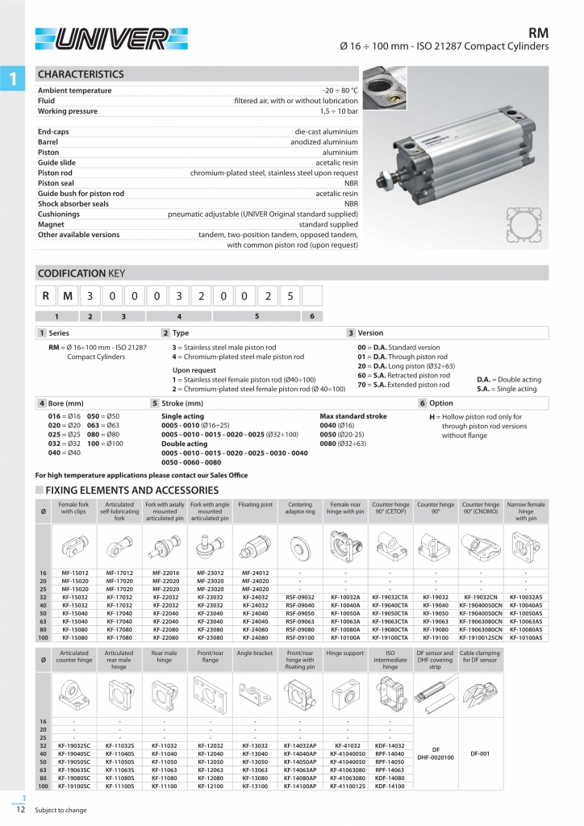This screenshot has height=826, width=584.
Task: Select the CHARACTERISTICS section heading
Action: pyautogui.click(x=81, y=74)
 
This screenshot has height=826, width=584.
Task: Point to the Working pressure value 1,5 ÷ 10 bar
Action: pyautogui.click(x=339, y=111)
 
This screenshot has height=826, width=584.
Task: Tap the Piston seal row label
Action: pyautogui.click(x=56, y=183)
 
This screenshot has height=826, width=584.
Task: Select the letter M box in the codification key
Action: pyautogui.click(x=68, y=296)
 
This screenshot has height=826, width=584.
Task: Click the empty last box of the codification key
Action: pyautogui.click(x=312, y=296)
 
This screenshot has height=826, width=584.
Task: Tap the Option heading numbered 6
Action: pyautogui.click(x=440, y=402)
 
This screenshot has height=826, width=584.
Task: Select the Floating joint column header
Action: pyautogui.click(x=255, y=505)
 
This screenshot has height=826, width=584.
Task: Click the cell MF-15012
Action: pyautogui.click(x=73, y=573)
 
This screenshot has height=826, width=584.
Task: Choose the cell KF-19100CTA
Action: pyautogui.click(x=390, y=636)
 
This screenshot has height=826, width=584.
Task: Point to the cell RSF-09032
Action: pyautogui.click(x=300, y=597)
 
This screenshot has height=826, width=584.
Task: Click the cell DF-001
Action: pyautogui.click(x=480, y=753)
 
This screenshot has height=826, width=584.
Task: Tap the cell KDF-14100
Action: pyautogui.click(x=390, y=785)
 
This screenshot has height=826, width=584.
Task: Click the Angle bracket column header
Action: pyautogui.click(x=255, y=653)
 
